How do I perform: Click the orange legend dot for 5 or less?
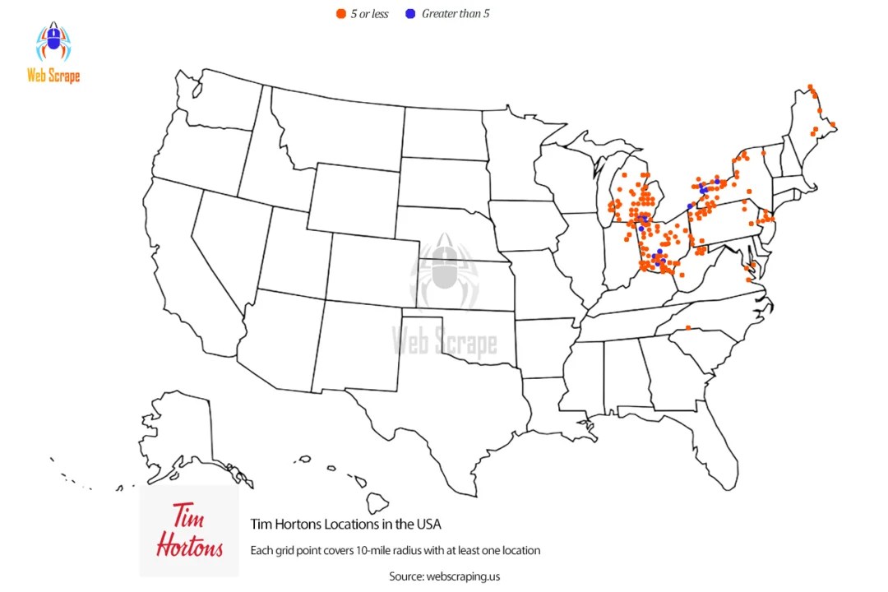tap(340, 13)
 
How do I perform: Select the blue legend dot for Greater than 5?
tap(409, 13)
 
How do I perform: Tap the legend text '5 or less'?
tap(369, 14)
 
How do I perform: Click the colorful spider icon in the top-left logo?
tap(53, 42)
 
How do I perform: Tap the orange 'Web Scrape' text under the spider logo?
tap(53, 76)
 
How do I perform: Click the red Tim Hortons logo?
tap(188, 530)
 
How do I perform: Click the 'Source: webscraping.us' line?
tap(444, 576)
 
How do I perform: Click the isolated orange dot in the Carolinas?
tap(688, 328)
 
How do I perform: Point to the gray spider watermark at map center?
tap(444, 267)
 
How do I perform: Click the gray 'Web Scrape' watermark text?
tap(444, 339)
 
